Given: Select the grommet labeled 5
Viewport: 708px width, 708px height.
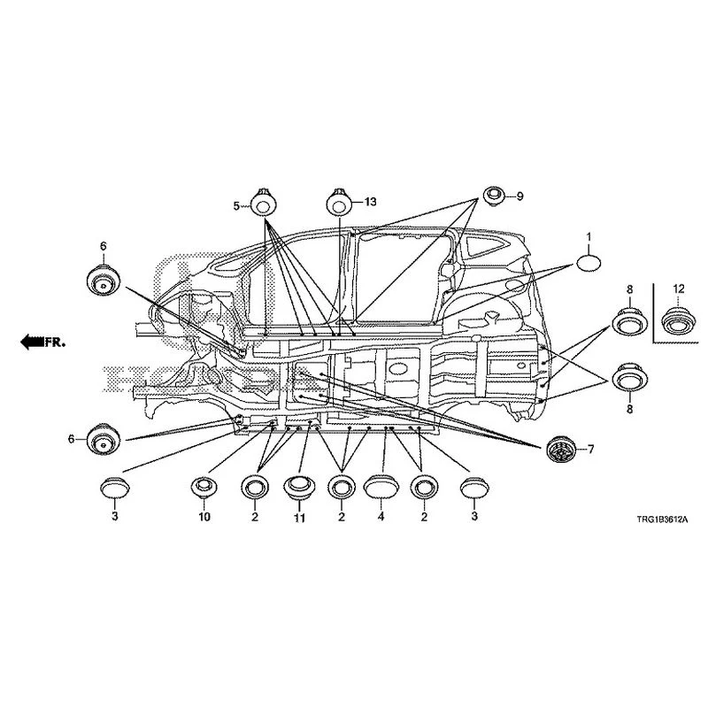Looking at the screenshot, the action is pyautogui.click(x=263, y=203).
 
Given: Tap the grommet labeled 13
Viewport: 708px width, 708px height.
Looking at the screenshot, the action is pyautogui.click(x=339, y=203).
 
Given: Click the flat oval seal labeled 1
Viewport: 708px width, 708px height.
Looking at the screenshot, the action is pyautogui.click(x=588, y=263).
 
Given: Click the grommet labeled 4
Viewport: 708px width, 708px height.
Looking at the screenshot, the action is pyautogui.click(x=381, y=487).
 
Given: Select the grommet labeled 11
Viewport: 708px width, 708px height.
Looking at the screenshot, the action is pyautogui.click(x=297, y=488).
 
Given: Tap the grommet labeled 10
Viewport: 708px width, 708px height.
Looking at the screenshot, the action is pyautogui.click(x=204, y=488).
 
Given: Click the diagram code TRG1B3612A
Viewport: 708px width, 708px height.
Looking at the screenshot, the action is pyautogui.click(x=662, y=519).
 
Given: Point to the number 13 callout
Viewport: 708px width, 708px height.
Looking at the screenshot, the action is pyautogui.click(x=370, y=202).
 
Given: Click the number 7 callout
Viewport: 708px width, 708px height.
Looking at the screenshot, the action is pyautogui.click(x=590, y=449).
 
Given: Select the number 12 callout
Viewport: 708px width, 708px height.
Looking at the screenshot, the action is pyautogui.click(x=679, y=289).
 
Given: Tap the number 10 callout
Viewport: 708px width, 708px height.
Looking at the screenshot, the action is pyautogui.click(x=204, y=517).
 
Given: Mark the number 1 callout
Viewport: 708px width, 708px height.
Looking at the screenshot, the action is pyautogui.click(x=589, y=236).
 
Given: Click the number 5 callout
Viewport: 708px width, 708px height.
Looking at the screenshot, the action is pyautogui.click(x=236, y=206).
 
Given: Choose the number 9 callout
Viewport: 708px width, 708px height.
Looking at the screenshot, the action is pyautogui.click(x=519, y=196).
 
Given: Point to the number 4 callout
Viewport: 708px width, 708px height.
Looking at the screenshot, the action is pyautogui.click(x=381, y=517).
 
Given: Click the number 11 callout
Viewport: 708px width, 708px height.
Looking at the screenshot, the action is pyautogui.click(x=299, y=519).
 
